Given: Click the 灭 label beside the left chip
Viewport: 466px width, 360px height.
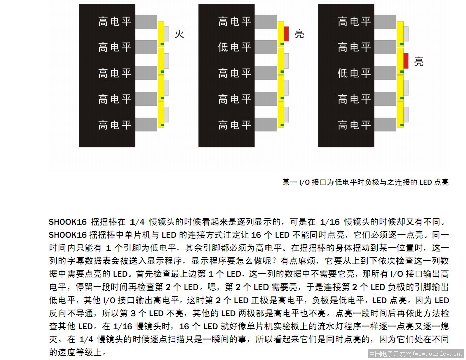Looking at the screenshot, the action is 179,34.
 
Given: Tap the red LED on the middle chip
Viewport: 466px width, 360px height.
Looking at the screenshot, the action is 286,34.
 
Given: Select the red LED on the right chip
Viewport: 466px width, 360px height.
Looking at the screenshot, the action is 406,61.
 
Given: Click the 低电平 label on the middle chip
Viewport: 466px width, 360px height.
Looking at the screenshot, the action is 234,47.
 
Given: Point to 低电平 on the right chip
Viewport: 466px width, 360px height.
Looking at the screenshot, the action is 354,73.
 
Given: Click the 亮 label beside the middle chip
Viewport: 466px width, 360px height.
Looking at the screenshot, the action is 299,34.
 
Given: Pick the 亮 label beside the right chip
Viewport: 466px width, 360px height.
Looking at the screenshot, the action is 419,61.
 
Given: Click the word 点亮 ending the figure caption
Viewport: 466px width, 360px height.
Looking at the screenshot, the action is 441,182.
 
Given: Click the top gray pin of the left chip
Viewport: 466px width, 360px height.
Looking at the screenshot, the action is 146,22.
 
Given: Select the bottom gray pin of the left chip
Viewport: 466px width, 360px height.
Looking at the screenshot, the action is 146,124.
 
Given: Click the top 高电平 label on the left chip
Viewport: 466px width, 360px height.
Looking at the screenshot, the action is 115,21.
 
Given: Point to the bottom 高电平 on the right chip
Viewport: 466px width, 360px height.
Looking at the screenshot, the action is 354,125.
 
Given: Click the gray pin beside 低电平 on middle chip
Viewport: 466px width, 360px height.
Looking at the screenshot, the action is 265,47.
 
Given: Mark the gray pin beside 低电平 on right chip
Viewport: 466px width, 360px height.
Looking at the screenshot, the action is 385,73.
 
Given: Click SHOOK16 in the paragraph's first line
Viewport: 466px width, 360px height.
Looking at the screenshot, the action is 68,222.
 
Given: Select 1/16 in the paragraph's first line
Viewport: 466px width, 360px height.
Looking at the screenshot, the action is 329,222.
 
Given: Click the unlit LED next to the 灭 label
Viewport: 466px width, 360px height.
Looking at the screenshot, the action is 166,34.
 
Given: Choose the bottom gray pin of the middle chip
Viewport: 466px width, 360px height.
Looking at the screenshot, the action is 265,124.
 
